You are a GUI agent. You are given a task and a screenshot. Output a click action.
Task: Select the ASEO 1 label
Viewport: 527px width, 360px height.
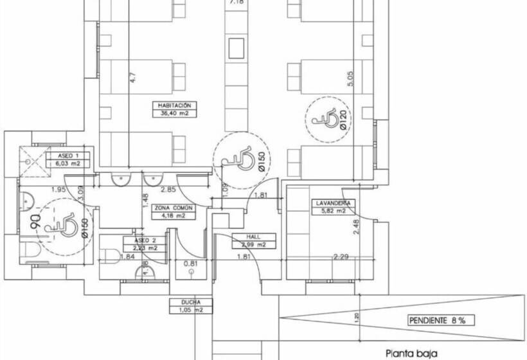[68, 156]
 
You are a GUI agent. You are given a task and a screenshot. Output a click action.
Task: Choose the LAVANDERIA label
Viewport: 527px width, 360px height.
[332, 203]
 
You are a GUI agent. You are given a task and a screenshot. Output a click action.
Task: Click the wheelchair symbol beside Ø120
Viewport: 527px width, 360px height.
[325, 119]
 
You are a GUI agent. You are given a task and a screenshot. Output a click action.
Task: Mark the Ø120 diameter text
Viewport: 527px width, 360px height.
[344, 120]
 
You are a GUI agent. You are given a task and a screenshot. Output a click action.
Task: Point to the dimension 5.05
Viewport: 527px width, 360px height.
[350, 80]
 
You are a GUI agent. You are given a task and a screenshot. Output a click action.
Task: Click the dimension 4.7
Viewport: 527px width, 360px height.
[133, 78]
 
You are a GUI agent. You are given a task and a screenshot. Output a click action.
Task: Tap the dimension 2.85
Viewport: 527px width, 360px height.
[168, 189]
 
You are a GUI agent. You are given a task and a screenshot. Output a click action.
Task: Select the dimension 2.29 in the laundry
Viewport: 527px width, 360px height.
[341, 257]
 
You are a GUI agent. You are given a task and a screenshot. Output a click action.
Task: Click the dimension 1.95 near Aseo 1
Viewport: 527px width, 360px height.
[59, 189]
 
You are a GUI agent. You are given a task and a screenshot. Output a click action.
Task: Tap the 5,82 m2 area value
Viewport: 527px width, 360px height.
[332, 210]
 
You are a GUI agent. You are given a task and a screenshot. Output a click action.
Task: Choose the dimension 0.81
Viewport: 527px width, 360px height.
[191, 264]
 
